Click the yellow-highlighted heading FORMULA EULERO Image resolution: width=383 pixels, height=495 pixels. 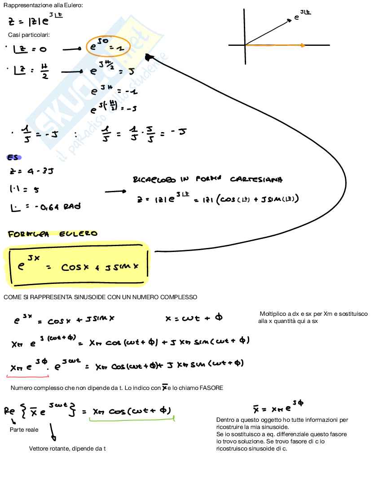[x=53, y=234]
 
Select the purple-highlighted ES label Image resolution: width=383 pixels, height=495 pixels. [x=14, y=157]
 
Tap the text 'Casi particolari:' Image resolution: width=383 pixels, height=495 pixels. [x=29, y=35]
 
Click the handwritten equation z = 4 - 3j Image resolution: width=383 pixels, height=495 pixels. [x=31, y=171]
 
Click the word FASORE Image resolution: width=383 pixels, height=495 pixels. [x=212, y=388]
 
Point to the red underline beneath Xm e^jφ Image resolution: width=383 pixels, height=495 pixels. [x=29, y=376]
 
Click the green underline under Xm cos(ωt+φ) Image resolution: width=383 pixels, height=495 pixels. [x=132, y=420]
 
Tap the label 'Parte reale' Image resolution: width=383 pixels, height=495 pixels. [x=24, y=430]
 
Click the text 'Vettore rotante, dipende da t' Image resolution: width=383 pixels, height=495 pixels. [x=67, y=449]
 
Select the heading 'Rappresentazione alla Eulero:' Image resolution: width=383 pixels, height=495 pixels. [x=43, y=5]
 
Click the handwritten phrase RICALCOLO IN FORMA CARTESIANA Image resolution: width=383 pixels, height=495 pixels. [x=207, y=180]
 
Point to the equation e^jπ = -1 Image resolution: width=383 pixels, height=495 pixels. [x=114, y=92]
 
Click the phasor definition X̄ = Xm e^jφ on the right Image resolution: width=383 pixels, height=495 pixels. [x=278, y=408]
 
